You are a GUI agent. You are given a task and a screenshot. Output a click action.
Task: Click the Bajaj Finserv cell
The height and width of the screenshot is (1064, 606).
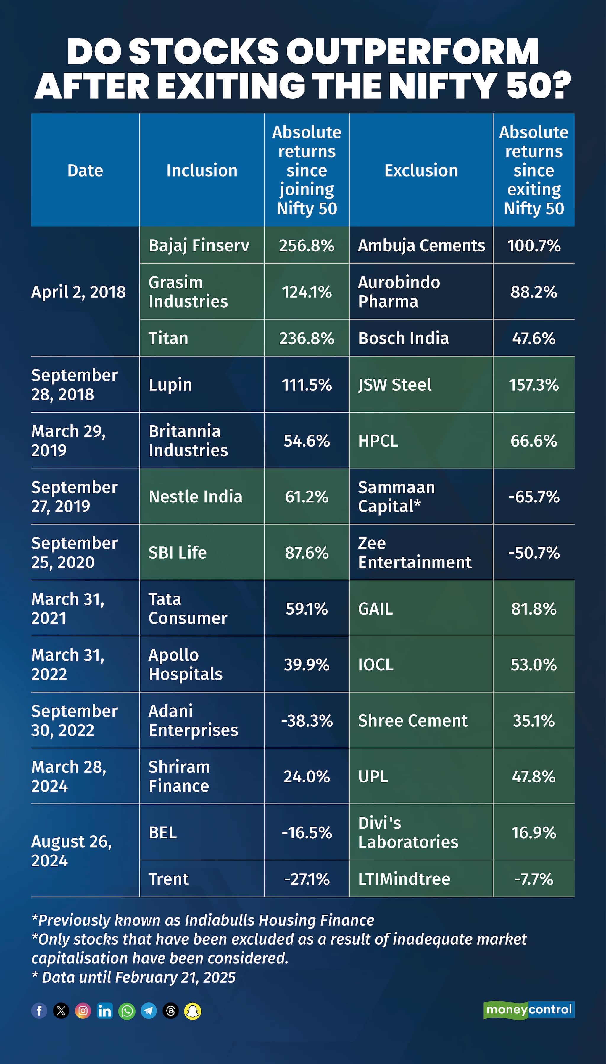(199, 245)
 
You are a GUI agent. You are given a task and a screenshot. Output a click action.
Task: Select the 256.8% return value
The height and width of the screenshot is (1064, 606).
(307, 245)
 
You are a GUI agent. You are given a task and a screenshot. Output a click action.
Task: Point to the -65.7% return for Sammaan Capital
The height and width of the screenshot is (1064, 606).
(534, 497)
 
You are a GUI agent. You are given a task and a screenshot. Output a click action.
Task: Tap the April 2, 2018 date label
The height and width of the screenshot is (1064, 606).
(79, 292)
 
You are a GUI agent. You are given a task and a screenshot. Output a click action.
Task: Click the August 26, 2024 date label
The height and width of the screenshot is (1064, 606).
(72, 850)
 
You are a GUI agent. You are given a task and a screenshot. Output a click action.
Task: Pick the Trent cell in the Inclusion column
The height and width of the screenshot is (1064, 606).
(169, 879)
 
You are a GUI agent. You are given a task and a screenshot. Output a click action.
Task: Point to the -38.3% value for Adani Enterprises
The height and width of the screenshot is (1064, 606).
(307, 720)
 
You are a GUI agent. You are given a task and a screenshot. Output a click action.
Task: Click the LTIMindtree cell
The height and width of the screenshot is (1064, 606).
(404, 879)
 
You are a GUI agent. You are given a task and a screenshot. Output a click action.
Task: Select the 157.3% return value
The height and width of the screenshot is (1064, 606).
(534, 385)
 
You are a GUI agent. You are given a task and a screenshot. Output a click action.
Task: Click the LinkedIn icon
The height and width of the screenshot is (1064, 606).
(105, 1011)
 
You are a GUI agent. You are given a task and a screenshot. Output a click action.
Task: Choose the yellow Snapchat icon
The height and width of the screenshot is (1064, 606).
(193, 1011)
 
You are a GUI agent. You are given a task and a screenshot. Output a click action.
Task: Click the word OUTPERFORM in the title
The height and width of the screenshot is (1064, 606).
(412, 52)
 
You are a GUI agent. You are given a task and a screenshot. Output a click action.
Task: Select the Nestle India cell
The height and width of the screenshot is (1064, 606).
(195, 497)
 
